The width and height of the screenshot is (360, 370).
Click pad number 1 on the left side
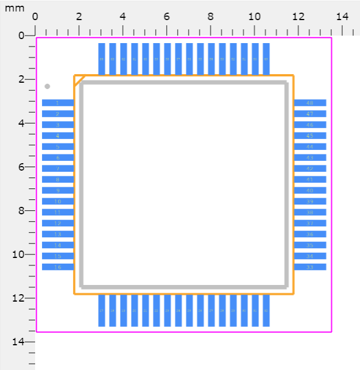tap(58, 103)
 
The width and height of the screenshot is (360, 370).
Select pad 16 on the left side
tap(58, 267)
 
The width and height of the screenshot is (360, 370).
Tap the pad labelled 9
tap(58, 191)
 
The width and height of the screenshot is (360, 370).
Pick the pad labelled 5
tap(58, 147)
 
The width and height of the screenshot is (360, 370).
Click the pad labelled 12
tap(58, 223)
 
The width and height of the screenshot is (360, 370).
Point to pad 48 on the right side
tap(310, 103)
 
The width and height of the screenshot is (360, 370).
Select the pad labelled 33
tap(310, 267)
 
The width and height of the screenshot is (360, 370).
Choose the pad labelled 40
tap(310, 191)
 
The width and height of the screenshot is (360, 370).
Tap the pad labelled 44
tap(310, 147)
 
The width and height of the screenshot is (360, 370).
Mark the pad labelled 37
tap(310, 223)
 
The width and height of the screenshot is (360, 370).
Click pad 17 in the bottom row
tap(102, 310)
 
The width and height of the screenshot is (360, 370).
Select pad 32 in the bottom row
tap(266, 310)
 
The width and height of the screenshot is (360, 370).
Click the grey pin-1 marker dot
tap(47, 86)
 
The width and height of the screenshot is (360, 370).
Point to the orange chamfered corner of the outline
tap(79, 80)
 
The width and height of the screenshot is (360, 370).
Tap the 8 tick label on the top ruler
tap(210, 17)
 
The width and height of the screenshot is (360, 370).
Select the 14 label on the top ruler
tap(342, 17)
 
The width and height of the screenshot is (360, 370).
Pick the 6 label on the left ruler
tap(21, 167)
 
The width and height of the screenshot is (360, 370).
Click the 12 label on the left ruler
tap(18, 298)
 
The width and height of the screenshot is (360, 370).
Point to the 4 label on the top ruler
tap(122, 17)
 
